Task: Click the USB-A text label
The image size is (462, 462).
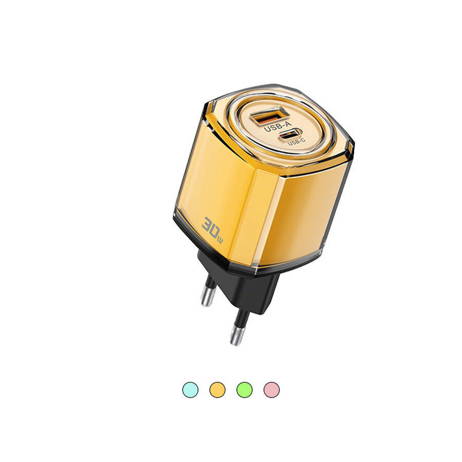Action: pyautogui.click(x=278, y=126)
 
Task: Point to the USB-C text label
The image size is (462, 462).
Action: pyautogui.click(x=296, y=143)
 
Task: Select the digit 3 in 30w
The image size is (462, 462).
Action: pyautogui.click(x=208, y=224)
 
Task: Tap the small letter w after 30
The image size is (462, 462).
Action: pyautogui.click(x=220, y=240)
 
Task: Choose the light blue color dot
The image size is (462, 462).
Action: pyautogui.click(x=190, y=390)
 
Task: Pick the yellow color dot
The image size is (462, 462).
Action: pyautogui.click(x=218, y=390)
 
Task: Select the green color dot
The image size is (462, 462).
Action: pyautogui.click(x=244, y=390)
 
